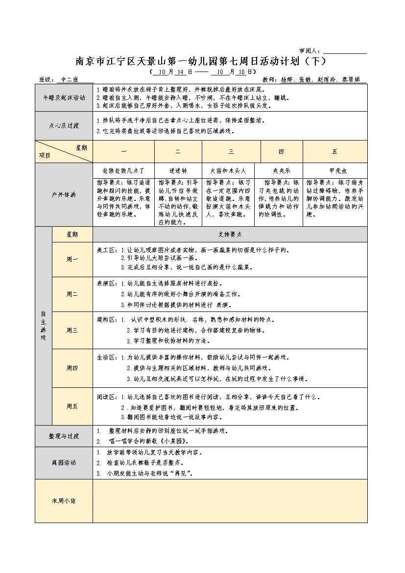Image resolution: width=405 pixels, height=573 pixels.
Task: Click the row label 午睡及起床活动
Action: pyautogui.click(x=64, y=97)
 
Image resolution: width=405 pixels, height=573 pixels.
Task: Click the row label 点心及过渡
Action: pyautogui.click(x=64, y=125)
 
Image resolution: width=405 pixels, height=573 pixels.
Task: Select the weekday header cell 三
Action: pyautogui.click(x=231, y=152)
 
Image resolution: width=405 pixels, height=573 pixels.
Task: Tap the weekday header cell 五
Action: pyautogui.click(x=334, y=152)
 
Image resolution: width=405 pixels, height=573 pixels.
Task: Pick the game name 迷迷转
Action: pyautogui.click(x=178, y=171)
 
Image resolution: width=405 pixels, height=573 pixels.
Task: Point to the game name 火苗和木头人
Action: pyautogui.click(x=231, y=171)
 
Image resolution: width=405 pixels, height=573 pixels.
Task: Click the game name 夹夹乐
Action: pyautogui.click(x=282, y=171)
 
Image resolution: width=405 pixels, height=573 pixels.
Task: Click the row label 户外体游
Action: pyautogui.click(x=64, y=194)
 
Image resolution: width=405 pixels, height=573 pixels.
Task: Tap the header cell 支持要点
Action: pyautogui.click(x=230, y=235)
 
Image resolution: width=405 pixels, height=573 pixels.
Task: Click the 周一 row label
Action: pyautogui.click(x=72, y=260)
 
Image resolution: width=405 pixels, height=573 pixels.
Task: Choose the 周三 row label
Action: pyautogui.click(x=72, y=330)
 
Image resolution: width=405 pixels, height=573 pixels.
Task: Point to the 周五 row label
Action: pyautogui.click(x=72, y=406)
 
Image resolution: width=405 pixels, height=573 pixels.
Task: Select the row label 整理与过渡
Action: pyautogui.click(x=64, y=436)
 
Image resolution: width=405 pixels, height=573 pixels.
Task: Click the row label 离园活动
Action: pyautogui.click(x=64, y=463)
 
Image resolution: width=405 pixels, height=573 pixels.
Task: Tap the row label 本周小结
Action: pyautogui.click(x=64, y=501)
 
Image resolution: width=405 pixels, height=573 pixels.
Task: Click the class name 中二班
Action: pyautogui.click(x=68, y=79)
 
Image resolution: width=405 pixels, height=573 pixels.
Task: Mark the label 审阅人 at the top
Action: pyautogui.click(x=309, y=51)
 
